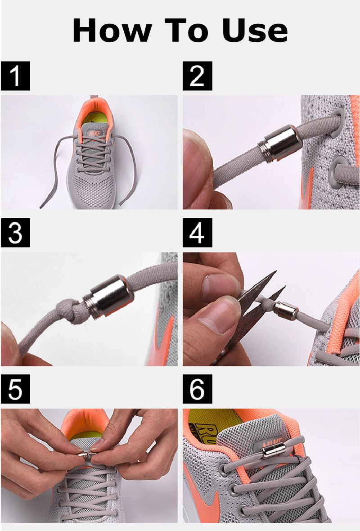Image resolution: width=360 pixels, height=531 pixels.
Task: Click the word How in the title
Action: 112,31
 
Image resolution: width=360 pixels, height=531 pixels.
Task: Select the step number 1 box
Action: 16,76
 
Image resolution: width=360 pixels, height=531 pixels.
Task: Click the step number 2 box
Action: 198,76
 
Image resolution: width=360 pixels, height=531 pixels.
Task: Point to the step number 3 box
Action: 16,233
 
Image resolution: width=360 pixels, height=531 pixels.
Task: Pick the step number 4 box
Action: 198,233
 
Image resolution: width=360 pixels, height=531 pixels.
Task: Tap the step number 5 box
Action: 16,389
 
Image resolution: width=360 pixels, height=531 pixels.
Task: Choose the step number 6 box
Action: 198,389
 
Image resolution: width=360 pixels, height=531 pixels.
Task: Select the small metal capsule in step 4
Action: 286,311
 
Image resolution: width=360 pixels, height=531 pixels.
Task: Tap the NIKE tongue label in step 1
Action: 95,133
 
